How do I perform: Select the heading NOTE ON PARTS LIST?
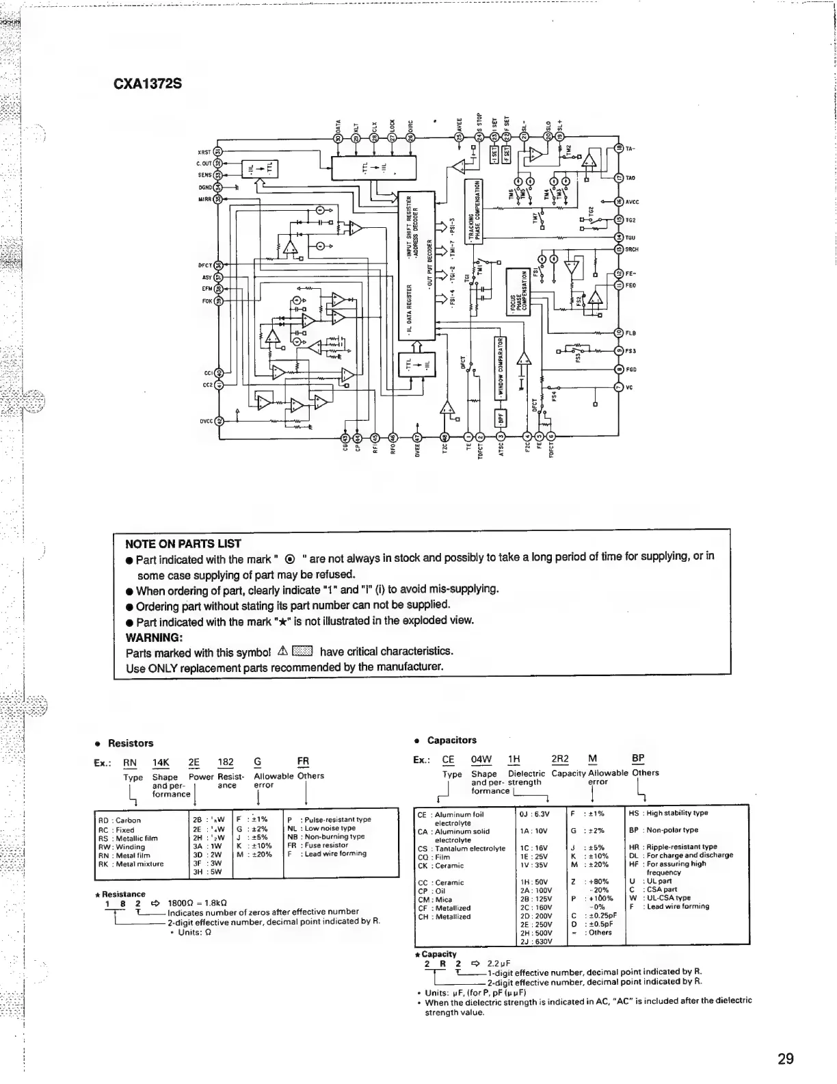[183, 544]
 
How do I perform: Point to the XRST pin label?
[204, 153]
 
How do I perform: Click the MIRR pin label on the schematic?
[204, 198]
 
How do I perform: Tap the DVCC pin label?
[206, 421]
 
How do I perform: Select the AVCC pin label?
[631, 202]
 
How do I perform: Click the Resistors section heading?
[131, 743]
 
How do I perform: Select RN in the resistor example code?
[130, 762]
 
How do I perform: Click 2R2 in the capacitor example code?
[559, 758]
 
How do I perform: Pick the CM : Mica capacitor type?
[435, 899]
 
